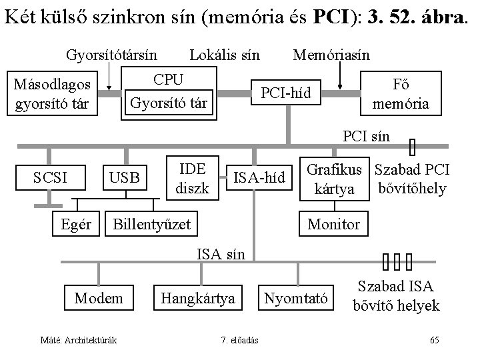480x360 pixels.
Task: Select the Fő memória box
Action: (401, 93)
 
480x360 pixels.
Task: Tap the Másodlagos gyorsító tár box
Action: (57, 95)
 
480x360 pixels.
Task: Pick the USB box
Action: (125, 177)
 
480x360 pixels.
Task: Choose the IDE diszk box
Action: (191, 178)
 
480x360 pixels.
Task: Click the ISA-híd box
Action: (259, 177)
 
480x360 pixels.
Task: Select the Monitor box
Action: (333, 224)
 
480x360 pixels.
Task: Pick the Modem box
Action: (99, 298)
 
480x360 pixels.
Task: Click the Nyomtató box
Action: (297, 298)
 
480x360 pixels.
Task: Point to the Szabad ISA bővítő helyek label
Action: (396, 296)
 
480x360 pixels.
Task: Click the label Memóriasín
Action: (331, 54)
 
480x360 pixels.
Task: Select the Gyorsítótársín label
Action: (111, 54)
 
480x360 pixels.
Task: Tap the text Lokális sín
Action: (225, 54)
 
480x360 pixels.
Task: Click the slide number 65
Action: (434, 341)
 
